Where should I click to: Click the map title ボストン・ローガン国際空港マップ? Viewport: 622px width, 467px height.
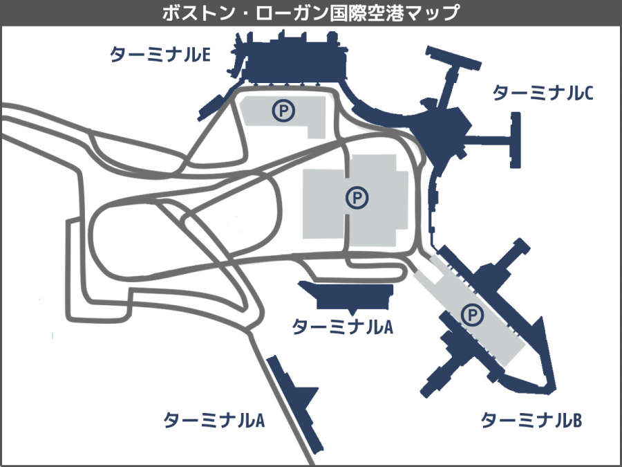(310, 13)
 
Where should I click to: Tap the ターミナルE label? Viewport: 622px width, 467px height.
(160, 55)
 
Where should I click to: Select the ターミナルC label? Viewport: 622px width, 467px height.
(543, 93)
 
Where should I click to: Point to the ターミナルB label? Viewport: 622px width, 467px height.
(531, 420)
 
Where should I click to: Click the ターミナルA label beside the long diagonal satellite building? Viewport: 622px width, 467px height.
(214, 420)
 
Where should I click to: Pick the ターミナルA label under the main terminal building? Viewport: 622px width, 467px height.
(342, 327)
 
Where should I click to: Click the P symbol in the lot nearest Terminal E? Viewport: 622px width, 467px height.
(283, 111)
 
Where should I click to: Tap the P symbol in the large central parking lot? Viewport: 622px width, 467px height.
(357, 197)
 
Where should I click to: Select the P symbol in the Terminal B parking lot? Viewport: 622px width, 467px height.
(472, 315)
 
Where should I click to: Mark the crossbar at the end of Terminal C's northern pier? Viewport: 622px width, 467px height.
(453, 58)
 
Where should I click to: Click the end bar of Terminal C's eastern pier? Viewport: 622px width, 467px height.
(516, 140)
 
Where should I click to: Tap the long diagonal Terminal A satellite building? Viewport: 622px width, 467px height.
(295, 404)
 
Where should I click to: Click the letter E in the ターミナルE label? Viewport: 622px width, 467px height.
(206, 55)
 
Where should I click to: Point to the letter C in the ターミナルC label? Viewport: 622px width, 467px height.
(589, 93)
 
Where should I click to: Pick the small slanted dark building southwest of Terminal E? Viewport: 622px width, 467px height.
(210, 107)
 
